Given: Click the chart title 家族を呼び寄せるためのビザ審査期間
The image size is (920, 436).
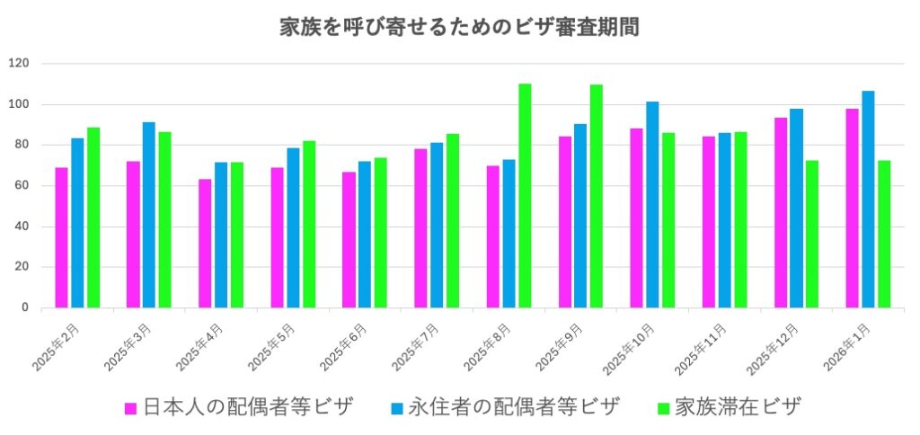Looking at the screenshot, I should click(459, 27).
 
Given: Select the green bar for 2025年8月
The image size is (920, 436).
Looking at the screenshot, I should click(525, 196).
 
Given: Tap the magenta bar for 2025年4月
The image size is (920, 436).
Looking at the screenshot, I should click(205, 244).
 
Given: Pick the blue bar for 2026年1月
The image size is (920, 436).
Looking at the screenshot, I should click(868, 200).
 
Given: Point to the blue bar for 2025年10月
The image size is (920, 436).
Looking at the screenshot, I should click(652, 205).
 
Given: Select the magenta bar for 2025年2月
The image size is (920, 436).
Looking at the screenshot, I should click(61, 238).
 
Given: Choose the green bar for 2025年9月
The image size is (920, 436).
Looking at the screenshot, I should click(597, 196).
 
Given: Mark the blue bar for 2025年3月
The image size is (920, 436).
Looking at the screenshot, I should click(149, 215).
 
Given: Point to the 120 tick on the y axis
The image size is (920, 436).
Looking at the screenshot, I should click(19, 63).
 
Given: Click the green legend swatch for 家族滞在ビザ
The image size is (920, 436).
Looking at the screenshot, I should click(664, 407).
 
